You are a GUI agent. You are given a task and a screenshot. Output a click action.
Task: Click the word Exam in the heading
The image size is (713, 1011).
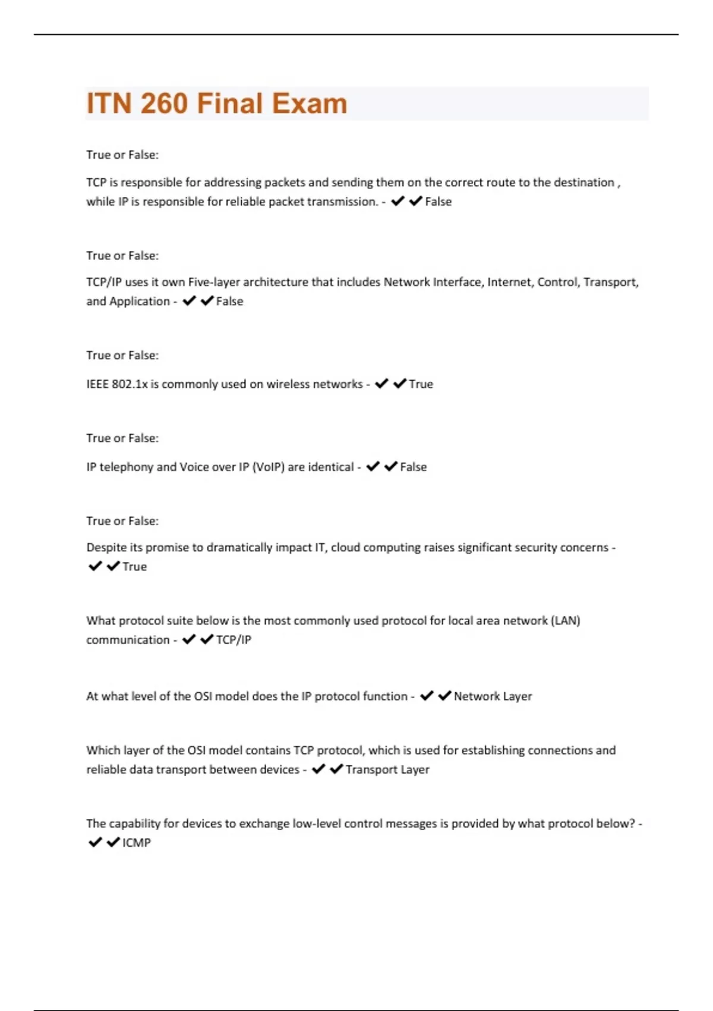tap(310, 103)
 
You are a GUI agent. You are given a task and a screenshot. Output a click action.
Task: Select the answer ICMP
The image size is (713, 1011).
tap(137, 843)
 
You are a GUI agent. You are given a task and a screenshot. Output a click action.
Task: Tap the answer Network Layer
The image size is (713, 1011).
tap(493, 696)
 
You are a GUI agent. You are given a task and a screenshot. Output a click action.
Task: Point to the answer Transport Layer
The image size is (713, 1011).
tap(387, 770)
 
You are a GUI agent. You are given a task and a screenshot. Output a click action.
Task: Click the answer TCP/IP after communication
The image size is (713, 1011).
tap(234, 640)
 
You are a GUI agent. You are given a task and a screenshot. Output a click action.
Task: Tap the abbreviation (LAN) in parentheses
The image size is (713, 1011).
tap(566, 621)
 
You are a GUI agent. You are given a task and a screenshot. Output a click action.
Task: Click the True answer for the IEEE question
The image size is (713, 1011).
tap(421, 384)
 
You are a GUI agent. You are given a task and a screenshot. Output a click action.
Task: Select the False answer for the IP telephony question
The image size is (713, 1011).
tap(413, 467)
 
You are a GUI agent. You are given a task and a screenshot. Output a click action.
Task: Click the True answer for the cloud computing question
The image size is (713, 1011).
tap(134, 567)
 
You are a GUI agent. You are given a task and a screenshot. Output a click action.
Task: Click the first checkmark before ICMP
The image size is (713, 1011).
tap(94, 843)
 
